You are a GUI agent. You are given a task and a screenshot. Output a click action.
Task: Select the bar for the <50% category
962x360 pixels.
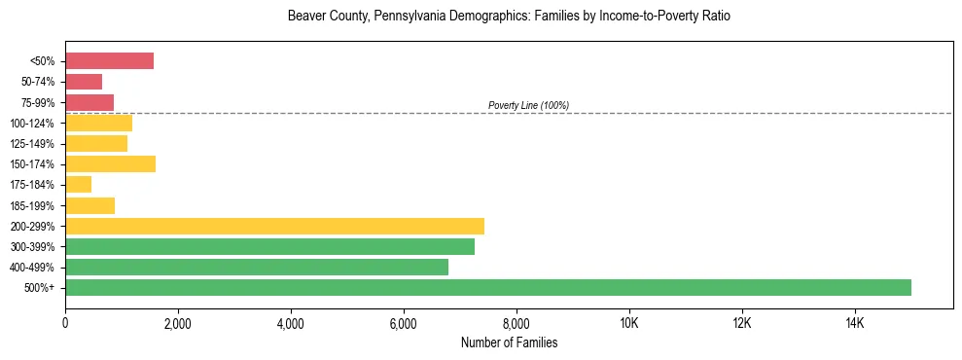click(109, 61)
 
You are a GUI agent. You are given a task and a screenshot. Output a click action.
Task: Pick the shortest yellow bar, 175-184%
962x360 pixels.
click(78, 185)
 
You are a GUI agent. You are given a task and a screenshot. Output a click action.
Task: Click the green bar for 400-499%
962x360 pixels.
click(257, 267)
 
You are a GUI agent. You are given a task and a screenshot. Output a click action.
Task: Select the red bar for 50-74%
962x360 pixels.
click(84, 82)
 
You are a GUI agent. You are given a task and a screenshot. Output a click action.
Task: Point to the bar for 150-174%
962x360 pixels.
click(110, 163)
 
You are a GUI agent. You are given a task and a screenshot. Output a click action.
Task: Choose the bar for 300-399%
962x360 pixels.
click(269, 246)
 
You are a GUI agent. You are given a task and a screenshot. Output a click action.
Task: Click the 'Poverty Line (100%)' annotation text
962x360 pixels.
click(528, 105)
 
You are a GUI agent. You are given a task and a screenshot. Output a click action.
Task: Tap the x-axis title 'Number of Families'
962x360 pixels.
click(509, 342)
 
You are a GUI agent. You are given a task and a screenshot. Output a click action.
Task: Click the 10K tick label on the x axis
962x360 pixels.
click(628, 323)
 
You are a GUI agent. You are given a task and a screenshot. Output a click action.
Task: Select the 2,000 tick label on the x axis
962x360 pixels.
click(178, 323)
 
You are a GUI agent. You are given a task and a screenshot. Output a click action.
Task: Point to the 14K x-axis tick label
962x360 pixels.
click(854, 323)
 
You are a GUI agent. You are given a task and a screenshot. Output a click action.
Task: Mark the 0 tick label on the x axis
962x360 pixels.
click(65, 323)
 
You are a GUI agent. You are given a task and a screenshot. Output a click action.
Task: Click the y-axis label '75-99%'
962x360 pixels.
click(37, 103)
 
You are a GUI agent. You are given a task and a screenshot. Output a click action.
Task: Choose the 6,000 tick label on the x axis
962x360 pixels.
click(404, 323)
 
